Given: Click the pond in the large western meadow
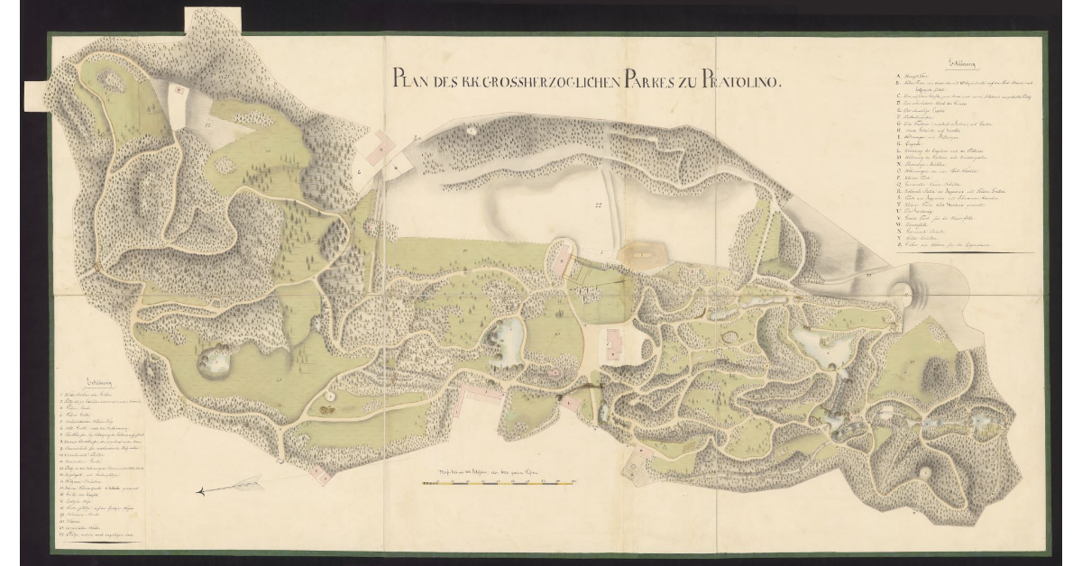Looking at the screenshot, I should point(216,360).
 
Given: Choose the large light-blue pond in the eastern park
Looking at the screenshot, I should point(820,342).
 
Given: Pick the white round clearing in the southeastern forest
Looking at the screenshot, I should point(924,470).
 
